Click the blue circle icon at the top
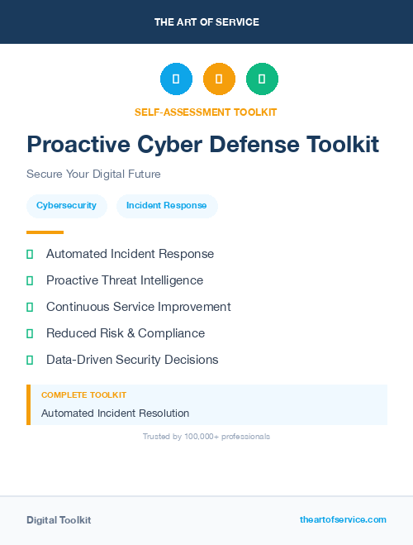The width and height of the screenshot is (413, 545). pos(176,79)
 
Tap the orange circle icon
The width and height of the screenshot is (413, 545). pos(219,79)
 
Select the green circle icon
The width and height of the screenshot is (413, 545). pos(262,79)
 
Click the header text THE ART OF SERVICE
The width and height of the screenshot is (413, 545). pos(206,22)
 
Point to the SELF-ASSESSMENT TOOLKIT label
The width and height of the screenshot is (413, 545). pos(206,112)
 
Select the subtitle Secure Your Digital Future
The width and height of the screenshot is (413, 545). pos(93,174)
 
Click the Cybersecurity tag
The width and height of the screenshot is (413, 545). pos(67,206)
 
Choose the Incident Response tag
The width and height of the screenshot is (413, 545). pos(167,206)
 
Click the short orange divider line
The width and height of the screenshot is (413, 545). pos(45,232)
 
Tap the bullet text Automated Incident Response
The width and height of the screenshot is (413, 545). pos(130,254)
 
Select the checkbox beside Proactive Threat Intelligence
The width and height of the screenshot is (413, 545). pos(30,281)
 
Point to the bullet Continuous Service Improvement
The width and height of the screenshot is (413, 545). pos(138,307)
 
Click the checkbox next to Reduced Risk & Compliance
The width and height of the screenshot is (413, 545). pos(30,334)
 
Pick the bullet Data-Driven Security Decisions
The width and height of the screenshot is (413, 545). pos(132,360)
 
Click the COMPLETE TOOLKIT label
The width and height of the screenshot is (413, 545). pos(83,395)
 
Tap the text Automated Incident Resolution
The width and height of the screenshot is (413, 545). pos(115,413)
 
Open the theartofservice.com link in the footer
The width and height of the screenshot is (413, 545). pos(343,519)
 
